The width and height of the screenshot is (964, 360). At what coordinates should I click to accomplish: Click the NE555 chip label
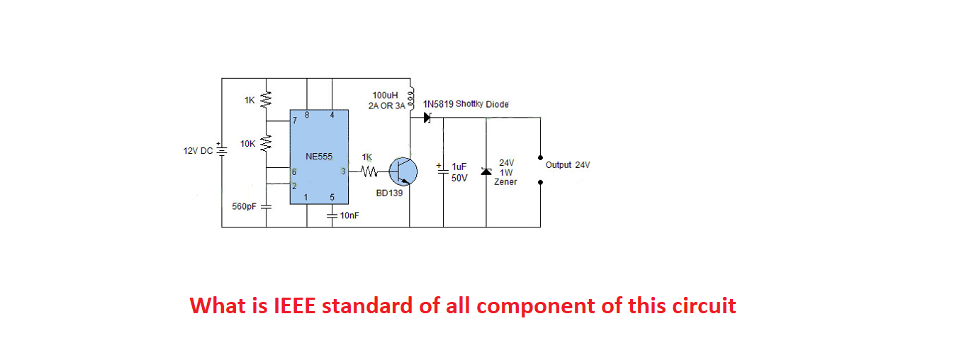tap(319, 156)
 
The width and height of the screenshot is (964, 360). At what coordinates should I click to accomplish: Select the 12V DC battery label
tap(198, 150)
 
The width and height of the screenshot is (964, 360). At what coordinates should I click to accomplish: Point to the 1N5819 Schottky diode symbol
tap(427, 118)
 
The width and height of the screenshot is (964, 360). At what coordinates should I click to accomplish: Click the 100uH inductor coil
tap(410, 99)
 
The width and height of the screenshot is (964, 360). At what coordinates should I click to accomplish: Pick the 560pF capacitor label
tap(244, 206)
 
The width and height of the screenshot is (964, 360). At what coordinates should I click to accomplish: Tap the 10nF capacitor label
tap(349, 215)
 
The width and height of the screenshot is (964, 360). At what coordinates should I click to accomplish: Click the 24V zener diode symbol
tap(486, 171)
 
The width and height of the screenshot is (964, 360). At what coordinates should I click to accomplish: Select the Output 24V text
tap(568, 165)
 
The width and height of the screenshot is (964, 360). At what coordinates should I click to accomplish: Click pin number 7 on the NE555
tap(293, 120)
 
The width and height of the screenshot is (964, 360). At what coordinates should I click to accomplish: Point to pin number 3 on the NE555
tap(344, 171)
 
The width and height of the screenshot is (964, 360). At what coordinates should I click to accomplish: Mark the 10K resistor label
tap(247, 143)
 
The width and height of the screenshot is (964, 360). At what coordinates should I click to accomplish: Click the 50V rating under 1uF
tap(459, 178)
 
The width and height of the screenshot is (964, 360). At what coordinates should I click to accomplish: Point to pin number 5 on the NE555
tap(332, 198)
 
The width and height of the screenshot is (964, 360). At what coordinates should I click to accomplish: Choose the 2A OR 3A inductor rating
tap(386, 106)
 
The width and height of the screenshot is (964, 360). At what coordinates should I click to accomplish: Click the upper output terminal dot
tap(540, 157)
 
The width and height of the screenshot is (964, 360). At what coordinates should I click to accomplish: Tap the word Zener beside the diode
tap(505, 182)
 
